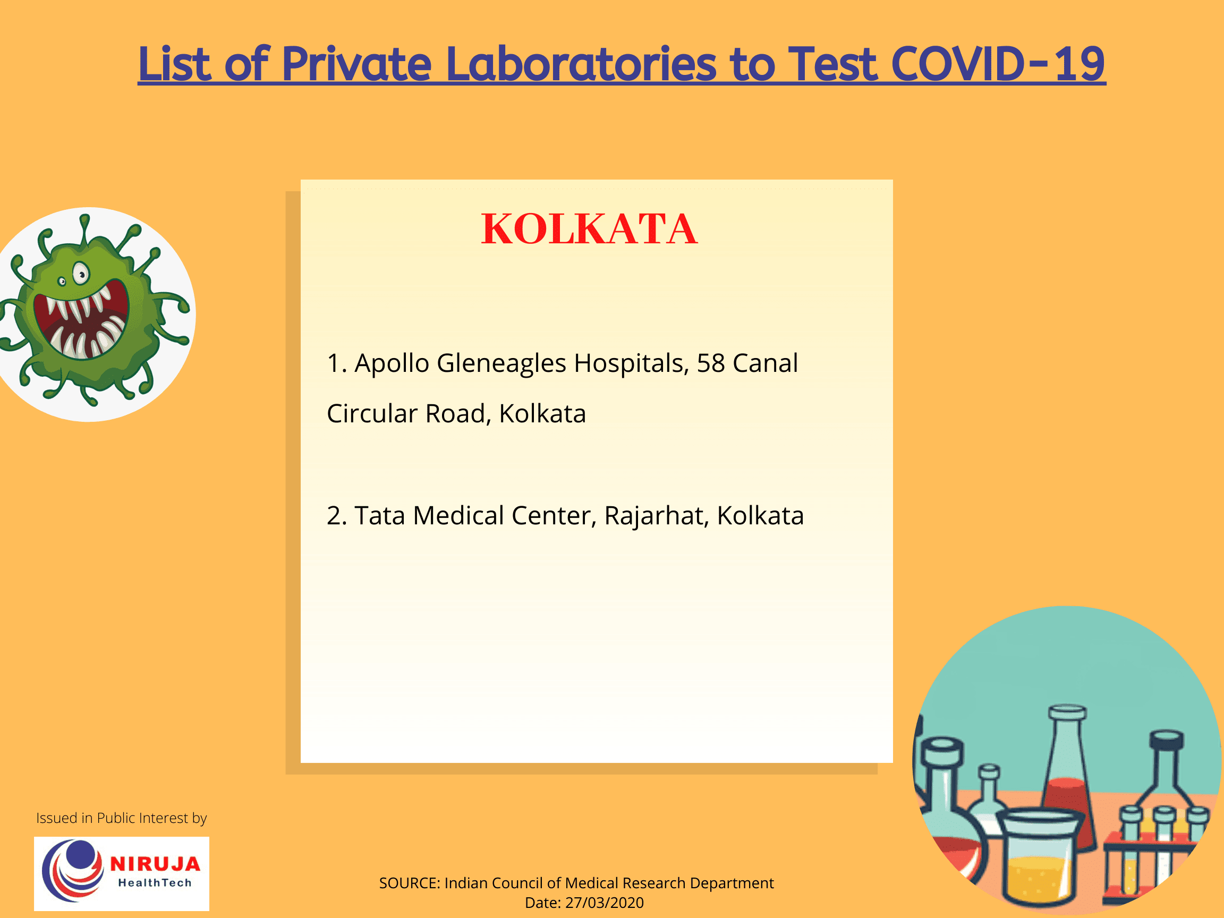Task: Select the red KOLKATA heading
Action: click(589, 228)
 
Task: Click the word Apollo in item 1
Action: click(391, 363)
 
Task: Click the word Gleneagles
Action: click(501, 363)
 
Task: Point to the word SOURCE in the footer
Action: click(409, 882)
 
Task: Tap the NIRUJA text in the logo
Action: click(155, 864)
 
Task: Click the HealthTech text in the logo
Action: click(155, 883)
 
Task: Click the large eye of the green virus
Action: click(81, 274)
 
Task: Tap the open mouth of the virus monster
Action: click(82, 322)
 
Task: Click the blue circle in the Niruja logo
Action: click(81, 855)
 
